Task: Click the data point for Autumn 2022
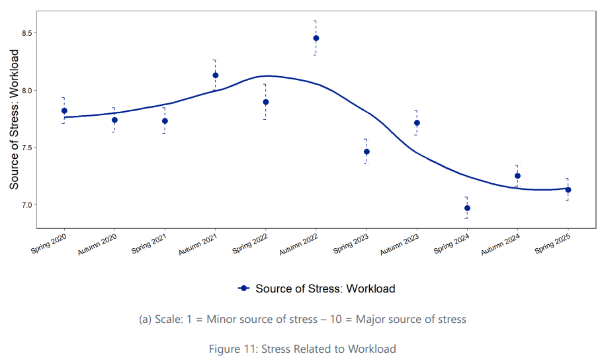pyautogui.click(x=316, y=38)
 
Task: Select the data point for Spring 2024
pyautogui.click(x=467, y=208)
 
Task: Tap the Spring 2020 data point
pyautogui.click(x=64, y=111)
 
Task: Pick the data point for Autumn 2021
pyautogui.click(x=216, y=75)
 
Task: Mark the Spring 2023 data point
pyautogui.click(x=366, y=152)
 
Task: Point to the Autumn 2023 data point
pyautogui.click(x=417, y=122)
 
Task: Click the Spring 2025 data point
pyautogui.click(x=568, y=189)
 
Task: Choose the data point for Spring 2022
pyautogui.click(x=266, y=102)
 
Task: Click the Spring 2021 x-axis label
pyautogui.click(x=148, y=244)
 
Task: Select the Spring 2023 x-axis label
pyautogui.click(x=350, y=244)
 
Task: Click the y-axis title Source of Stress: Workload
pyautogui.click(x=15, y=119)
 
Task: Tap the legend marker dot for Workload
pyautogui.click(x=243, y=289)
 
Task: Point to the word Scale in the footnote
pyautogui.click(x=167, y=319)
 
